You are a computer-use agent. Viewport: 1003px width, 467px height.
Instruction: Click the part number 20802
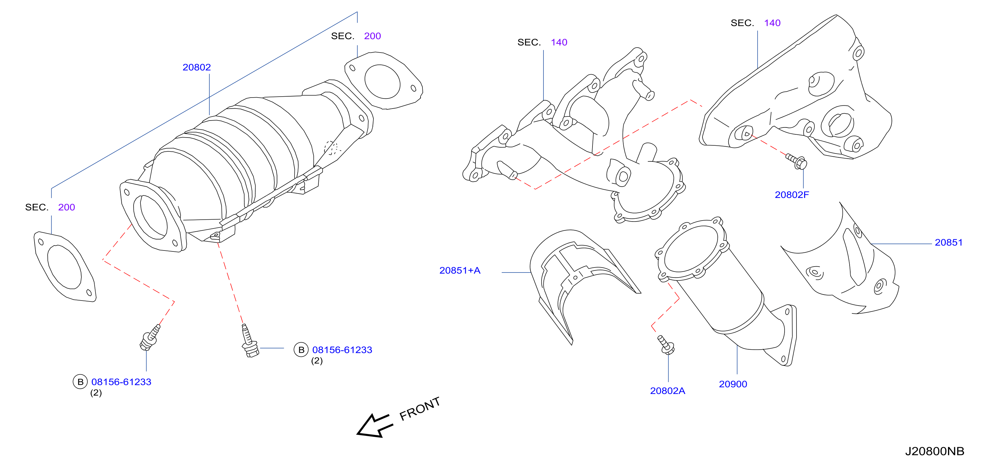[x=197, y=67]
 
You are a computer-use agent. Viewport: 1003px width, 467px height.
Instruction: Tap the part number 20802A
[x=667, y=391]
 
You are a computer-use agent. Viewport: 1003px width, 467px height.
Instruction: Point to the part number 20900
[x=733, y=384]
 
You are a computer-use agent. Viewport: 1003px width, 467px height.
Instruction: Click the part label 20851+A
[x=460, y=271]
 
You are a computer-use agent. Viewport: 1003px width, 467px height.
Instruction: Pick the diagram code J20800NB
[x=934, y=451]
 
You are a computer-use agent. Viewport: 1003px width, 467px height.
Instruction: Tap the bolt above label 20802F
[x=796, y=162]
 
